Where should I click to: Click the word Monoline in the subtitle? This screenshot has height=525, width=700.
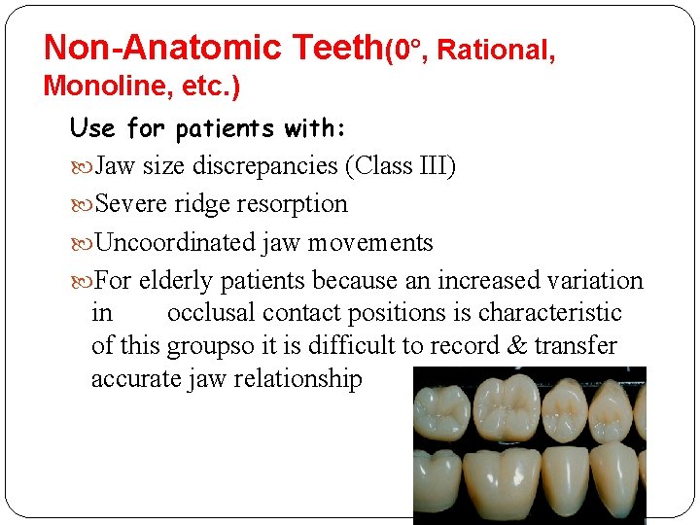click(x=100, y=86)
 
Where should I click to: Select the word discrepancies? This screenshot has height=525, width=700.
click(x=263, y=166)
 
